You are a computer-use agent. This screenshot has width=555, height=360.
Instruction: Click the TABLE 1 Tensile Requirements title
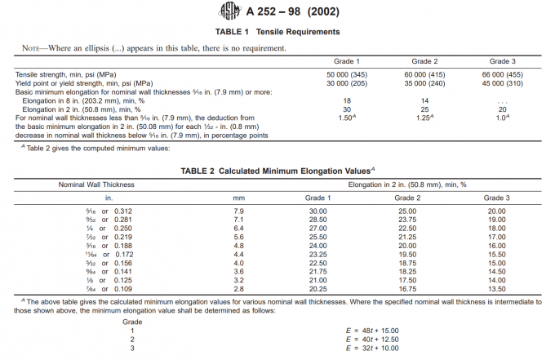(x=277, y=32)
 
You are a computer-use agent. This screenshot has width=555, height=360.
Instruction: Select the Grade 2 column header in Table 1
(x=424, y=62)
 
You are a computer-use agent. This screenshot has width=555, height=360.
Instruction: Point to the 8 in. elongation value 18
(x=345, y=100)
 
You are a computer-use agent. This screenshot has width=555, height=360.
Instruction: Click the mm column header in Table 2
(x=239, y=198)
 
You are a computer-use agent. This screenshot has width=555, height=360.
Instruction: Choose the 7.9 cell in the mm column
(x=239, y=211)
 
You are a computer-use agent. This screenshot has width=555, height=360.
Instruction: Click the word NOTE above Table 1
(x=33, y=47)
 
